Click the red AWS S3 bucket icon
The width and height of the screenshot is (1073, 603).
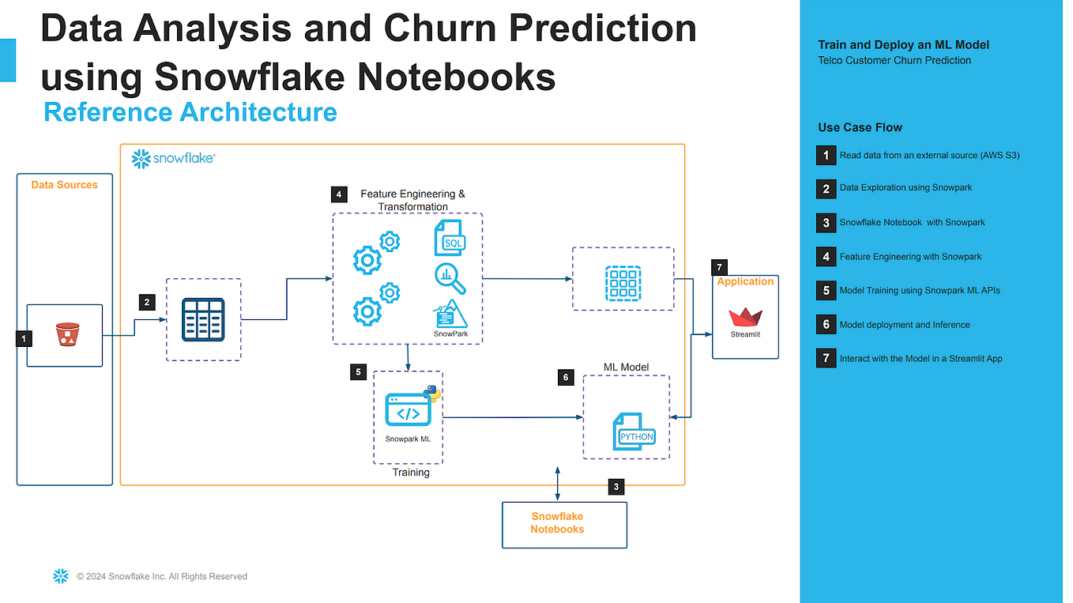[x=65, y=336]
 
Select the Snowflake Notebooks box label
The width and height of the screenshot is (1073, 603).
[x=557, y=522]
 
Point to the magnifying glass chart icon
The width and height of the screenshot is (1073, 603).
[x=450, y=278]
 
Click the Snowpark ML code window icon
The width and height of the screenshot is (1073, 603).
[x=408, y=409]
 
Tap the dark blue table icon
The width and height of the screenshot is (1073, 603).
[x=204, y=319]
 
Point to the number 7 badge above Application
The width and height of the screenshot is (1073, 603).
[x=719, y=267]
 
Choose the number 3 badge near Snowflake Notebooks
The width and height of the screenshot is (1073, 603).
[x=616, y=487]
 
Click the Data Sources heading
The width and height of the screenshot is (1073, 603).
[x=65, y=185]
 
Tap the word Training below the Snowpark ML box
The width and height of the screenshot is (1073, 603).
[x=411, y=473]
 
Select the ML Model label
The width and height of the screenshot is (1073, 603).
[x=626, y=367]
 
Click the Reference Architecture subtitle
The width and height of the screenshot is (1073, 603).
[x=190, y=112]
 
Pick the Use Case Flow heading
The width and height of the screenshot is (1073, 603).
[x=860, y=127]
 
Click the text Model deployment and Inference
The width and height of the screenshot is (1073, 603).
[x=904, y=325]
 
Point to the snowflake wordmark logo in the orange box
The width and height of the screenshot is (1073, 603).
[x=174, y=159]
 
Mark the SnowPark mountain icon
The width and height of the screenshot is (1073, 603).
[x=451, y=315]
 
